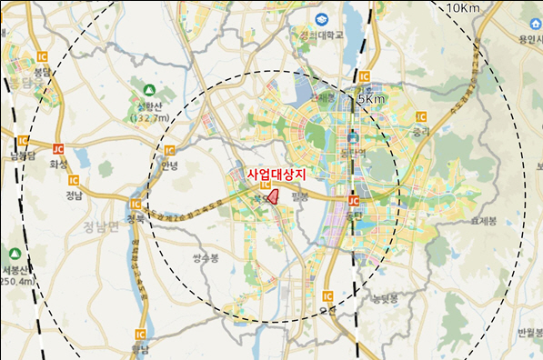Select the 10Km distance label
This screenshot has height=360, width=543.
pos(463,8)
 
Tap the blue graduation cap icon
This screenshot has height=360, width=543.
pos(321,19)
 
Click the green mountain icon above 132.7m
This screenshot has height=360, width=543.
pos(148,89)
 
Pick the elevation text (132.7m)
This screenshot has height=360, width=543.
pos(150,118)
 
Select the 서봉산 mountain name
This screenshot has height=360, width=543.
pos(15,269)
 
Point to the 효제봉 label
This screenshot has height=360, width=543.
pos(483,220)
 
